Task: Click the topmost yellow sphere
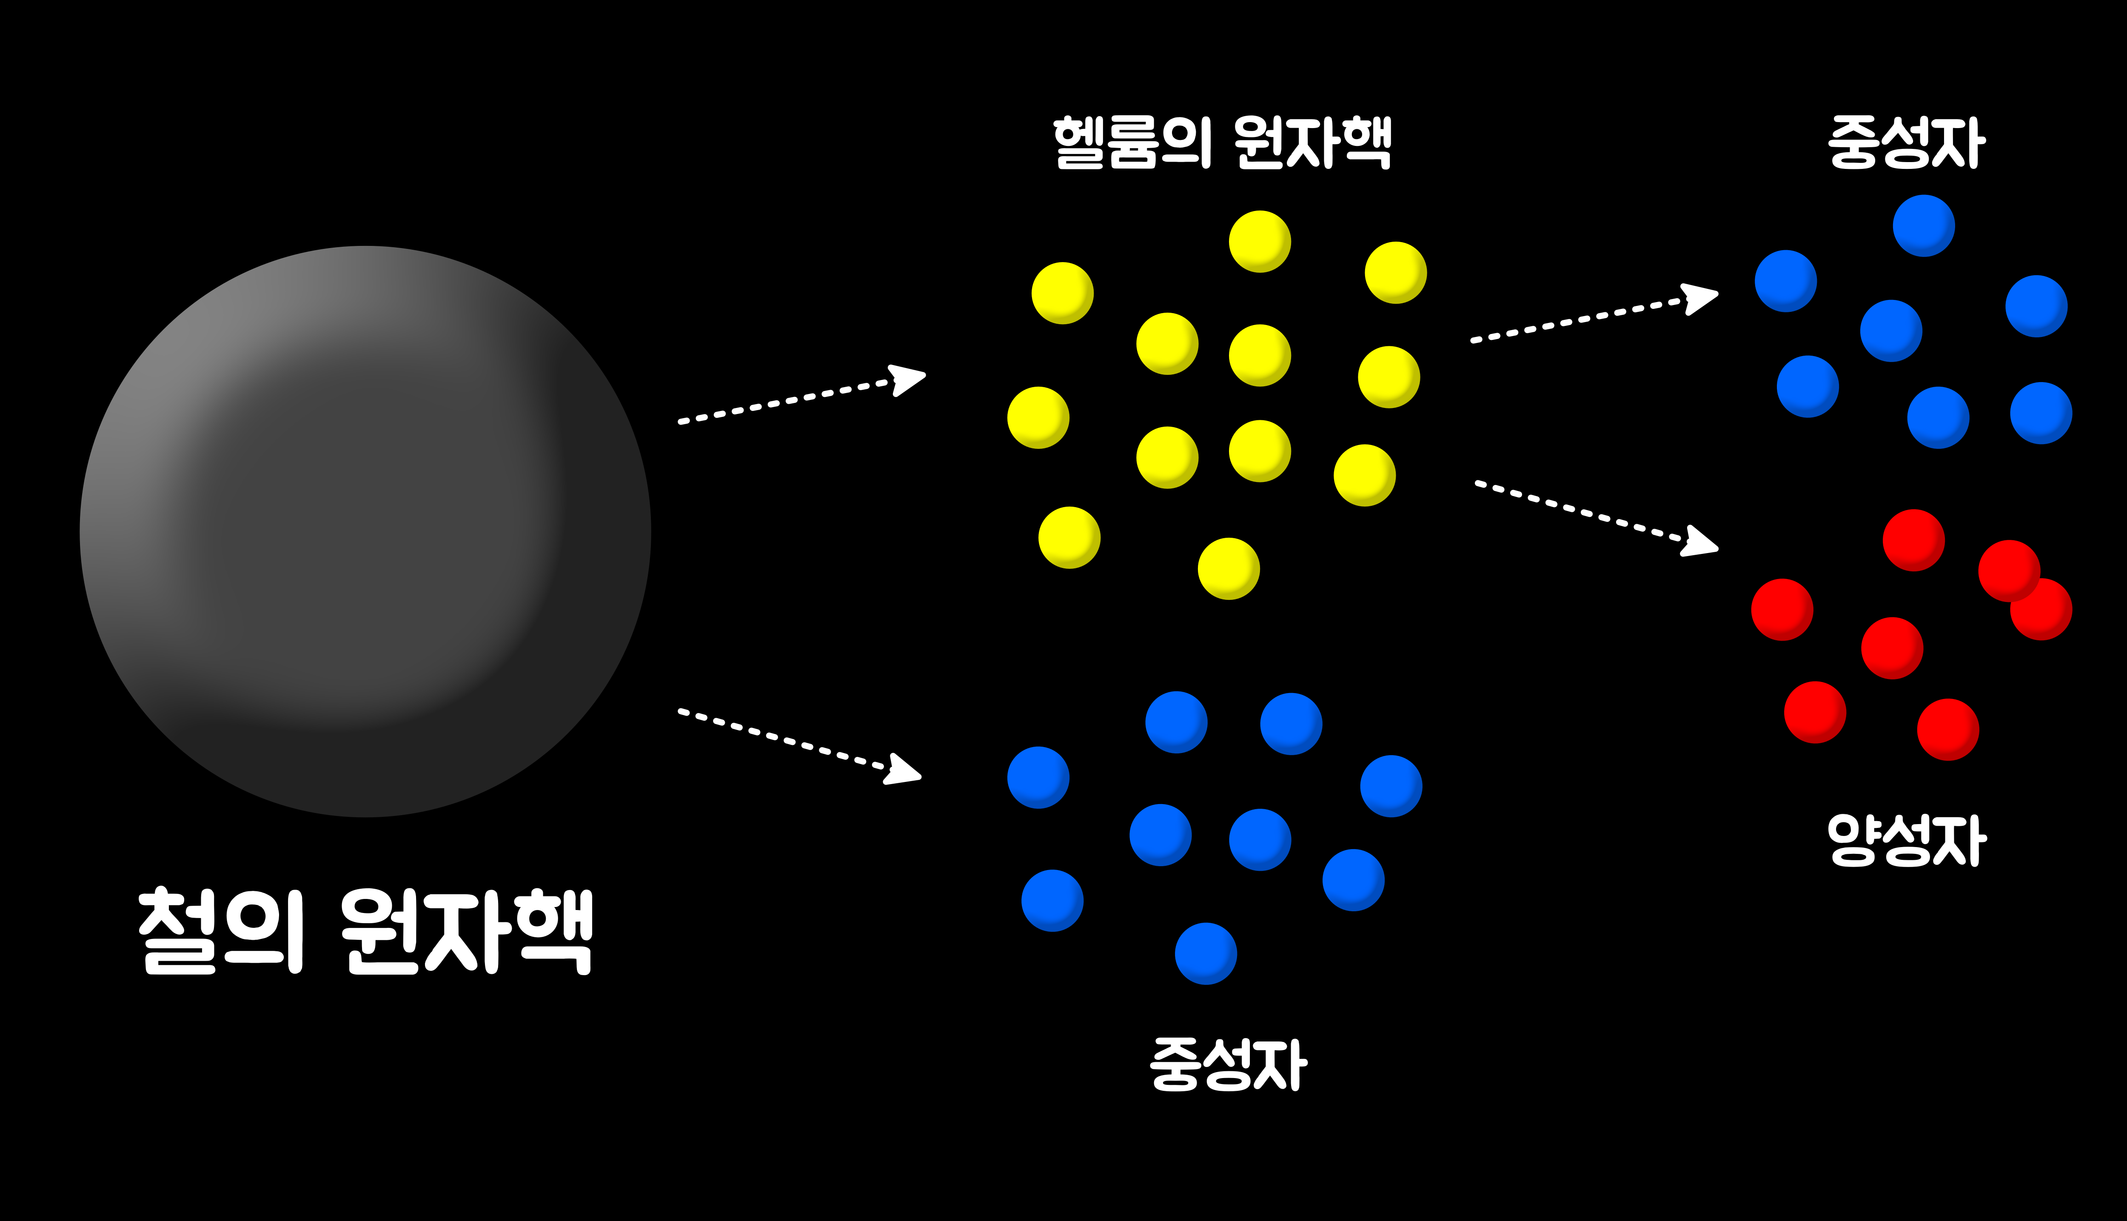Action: point(1259,242)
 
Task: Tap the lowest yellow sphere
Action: point(1228,568)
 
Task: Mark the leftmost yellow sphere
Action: point(1038,418)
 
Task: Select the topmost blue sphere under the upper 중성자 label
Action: point(1923,225)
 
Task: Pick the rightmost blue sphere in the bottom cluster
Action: point(1391,786)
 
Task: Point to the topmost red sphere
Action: point(1913,540)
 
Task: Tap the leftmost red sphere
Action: point(1782,610)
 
